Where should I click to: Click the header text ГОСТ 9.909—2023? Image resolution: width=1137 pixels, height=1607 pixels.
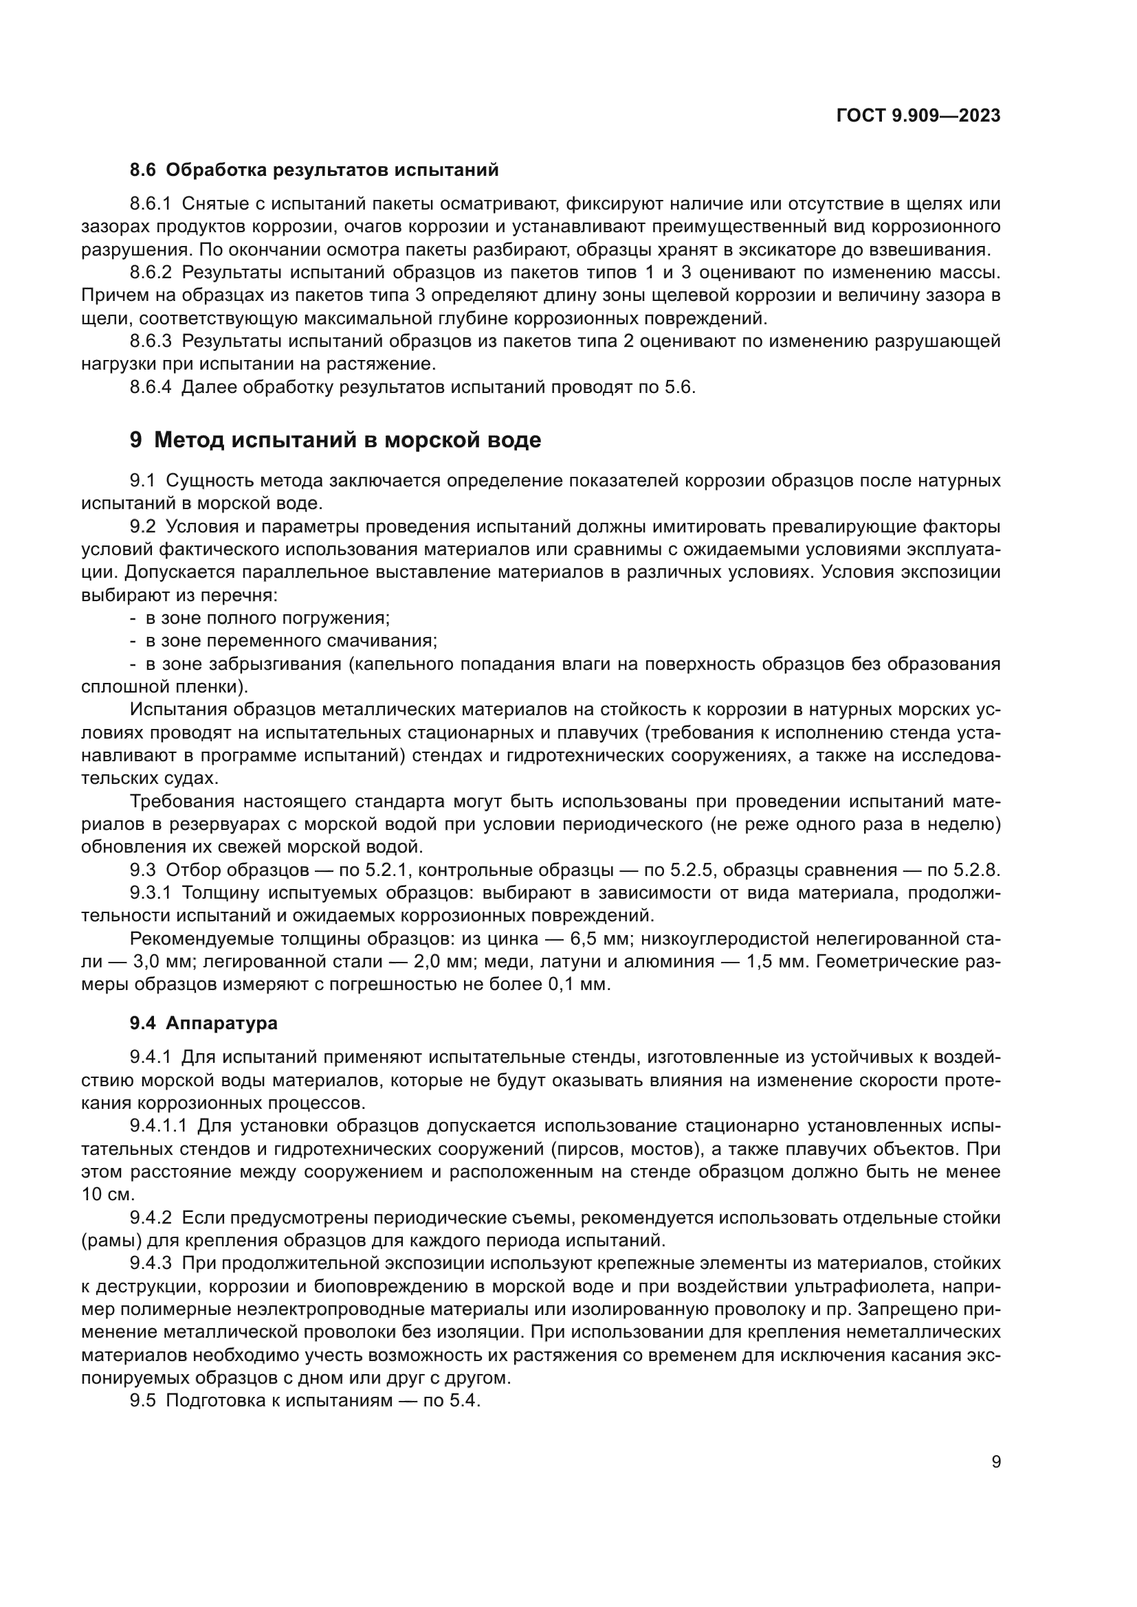[x=918, y=116]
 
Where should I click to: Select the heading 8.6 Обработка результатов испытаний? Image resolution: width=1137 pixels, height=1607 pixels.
[x=314, y=170]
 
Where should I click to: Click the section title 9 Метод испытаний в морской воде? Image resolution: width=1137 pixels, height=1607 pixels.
[x=335, y=440]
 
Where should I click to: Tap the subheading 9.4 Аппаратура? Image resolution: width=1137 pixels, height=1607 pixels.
[x=203, y=1023]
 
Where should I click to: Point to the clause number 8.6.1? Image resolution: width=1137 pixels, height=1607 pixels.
[x=151, y=204]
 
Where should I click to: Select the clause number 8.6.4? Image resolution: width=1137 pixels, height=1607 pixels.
[x=151, y=387]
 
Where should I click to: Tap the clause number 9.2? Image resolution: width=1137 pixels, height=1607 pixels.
[x=142, y=526]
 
